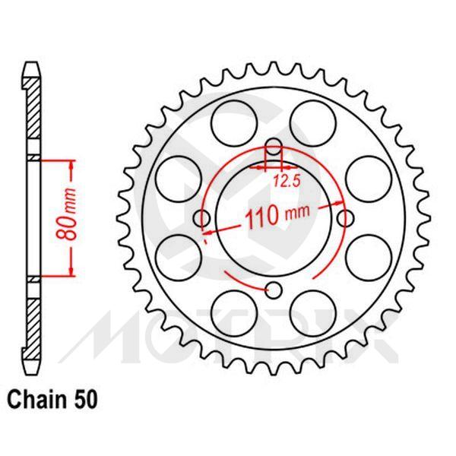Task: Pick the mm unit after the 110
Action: pos(298,215)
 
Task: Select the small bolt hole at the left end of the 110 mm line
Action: pos(201,219)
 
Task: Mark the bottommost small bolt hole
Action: pos(274,288)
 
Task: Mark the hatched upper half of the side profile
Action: pos(31,114)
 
